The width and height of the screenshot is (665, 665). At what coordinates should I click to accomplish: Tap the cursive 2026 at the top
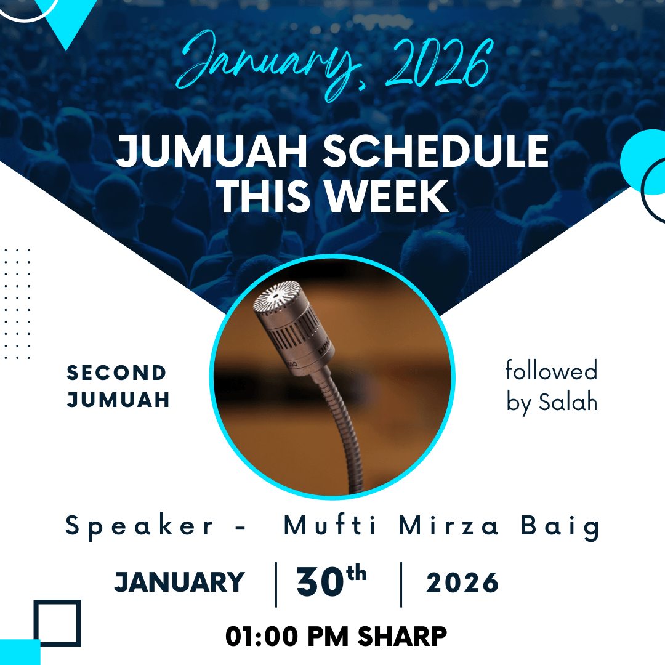(439, 63)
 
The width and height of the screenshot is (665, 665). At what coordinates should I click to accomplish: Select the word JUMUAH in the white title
(212, 151)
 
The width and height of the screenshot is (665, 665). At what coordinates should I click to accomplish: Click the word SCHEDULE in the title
(436, 151)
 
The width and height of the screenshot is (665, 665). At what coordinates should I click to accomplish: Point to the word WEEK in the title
(387, 196)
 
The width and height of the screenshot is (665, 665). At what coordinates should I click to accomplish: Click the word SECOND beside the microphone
(116, 373)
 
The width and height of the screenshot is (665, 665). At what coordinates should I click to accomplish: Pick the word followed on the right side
(551, 370)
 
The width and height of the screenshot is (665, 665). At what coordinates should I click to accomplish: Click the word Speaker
(139, 526)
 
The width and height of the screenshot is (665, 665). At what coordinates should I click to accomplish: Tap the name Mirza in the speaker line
(448, 526)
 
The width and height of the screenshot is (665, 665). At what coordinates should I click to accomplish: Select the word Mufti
(329, 526)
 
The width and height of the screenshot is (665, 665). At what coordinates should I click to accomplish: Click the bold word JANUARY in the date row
(179, 582)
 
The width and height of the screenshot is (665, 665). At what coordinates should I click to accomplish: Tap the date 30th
(331, 580)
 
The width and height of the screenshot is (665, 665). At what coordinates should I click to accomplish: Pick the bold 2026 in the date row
(462, 582)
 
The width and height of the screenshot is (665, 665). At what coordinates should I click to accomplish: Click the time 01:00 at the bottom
(262, 637)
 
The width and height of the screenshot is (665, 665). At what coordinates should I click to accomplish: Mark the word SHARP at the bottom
(402, 637)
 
